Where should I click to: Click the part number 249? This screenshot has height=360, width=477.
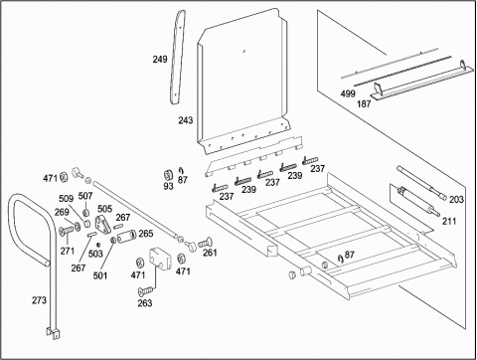coord(160,60)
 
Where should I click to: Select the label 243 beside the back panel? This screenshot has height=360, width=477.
coord(186,120)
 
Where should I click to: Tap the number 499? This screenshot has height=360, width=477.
coord(348,93)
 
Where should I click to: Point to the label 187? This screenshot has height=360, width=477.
coord(364,104)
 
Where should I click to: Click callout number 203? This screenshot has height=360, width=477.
coord(456,200)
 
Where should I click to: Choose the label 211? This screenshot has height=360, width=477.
coord(449,221)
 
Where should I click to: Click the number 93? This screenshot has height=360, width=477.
coord(168,186)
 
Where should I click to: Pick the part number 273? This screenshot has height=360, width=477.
coord(39,300)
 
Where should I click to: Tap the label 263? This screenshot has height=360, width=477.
coord(145,303)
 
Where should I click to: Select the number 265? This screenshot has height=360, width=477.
coord(146,234)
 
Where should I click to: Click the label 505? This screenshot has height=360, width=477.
coord(104,209)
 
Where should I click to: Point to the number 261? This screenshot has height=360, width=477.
coord(210,253)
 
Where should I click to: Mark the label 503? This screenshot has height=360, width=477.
coord(95,254)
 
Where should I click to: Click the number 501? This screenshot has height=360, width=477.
coord(100,275)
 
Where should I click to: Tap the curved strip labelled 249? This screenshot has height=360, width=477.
coord(178,57)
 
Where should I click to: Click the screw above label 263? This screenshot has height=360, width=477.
coord(146,290)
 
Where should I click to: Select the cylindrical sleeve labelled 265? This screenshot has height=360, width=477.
coord(127,237)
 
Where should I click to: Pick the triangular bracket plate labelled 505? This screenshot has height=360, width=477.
coord(103,225)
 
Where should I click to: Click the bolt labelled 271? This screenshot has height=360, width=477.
coord(67,230)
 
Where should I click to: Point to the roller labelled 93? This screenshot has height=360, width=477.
coord(169,175)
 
